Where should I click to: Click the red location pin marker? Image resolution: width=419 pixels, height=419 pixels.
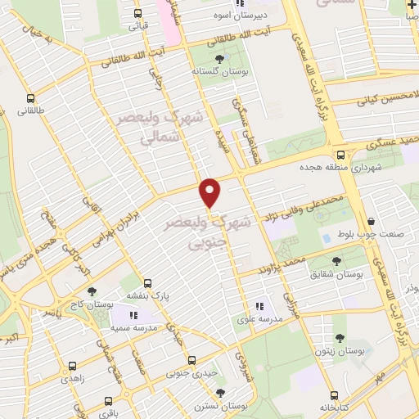tap(210, 192)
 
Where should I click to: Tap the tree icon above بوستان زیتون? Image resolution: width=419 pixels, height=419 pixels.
tap(340, 337)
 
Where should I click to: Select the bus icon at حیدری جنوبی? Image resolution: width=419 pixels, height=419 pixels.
tap(192, 360)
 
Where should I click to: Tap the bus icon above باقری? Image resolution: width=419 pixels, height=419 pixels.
tap(109, 402)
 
